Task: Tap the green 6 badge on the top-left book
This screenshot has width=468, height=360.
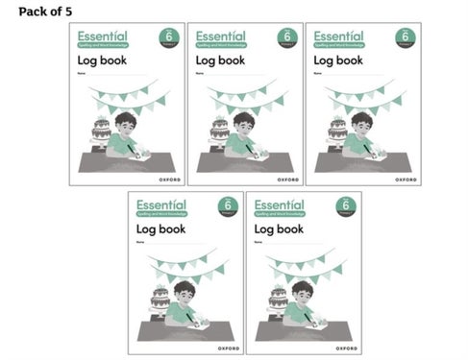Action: (x=168, y=37)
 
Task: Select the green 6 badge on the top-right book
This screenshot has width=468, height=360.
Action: (x=404, y=37)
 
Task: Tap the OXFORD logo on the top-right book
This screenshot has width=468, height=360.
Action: (x=405, y=179)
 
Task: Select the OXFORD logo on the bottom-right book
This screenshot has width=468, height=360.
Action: (x=346, y=348)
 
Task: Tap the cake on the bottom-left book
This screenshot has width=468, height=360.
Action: (x=160, y=299)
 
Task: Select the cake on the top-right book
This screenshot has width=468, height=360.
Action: (x=335, y=130)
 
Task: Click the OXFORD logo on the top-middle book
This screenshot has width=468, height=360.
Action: (x=286, y=179)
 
